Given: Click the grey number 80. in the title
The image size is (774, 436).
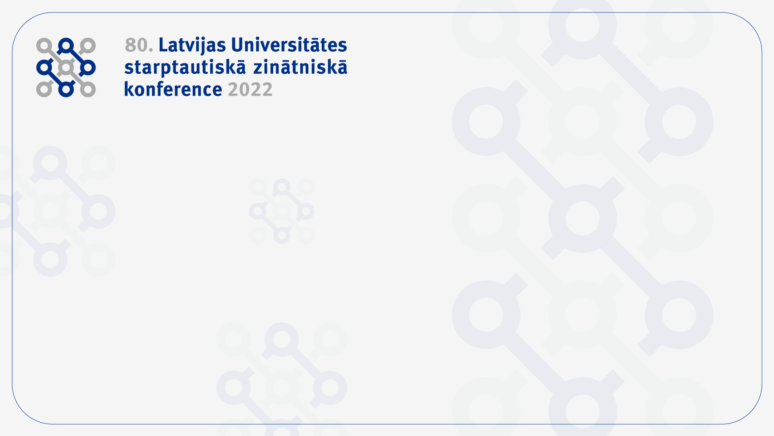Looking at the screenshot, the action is pyautogui.click(x=139, y=45).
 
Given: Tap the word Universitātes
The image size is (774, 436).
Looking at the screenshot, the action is pyautogui.click(x=289, y=44).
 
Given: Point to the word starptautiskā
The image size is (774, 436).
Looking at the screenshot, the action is pyautogui.click(x=185, y=68).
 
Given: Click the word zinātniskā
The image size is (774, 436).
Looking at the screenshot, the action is pyautogui.click(x=300, y=67).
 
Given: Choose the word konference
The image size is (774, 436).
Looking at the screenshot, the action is pyautogui.click(x=173, y=89).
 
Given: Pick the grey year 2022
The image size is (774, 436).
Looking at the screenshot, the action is pyautogui.click(x=250, y=90).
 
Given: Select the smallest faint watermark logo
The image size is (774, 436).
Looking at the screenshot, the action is pyautogui.click(x=282, y=211).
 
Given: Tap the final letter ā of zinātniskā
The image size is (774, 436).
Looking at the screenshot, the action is pyautogui.click(x=342, y=67).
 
